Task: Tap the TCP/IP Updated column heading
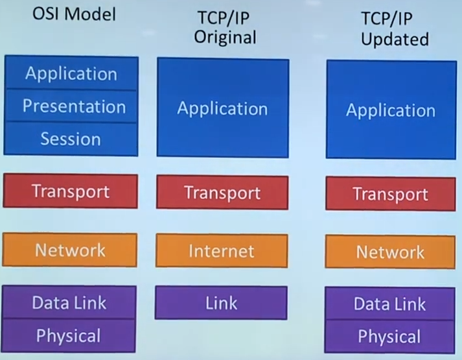click(x=395, y=29)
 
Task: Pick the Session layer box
click(x=71, y=139)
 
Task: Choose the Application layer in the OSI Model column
click(x=71, y=73)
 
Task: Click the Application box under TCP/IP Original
click(x=222, y=108)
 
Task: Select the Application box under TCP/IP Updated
click(x=391, y=110)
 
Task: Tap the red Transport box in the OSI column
click(x=71, y=191)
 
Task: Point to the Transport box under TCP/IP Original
click(x=222, y=193)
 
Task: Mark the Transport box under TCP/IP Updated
click(x=391, y=194)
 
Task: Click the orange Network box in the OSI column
click(x=70, y=250)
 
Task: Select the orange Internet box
click(x=222, y=250)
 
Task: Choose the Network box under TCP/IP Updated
click(x=390, y=252)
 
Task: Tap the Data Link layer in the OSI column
click(x=69, y=302)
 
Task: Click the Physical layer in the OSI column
click(x=69, y=335)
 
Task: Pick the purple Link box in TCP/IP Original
click(x=221, y=303)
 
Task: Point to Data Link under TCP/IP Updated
click(x=390, y=304)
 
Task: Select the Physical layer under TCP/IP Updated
click(x=389, y=337)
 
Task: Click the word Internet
click(x=222, y=250)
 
